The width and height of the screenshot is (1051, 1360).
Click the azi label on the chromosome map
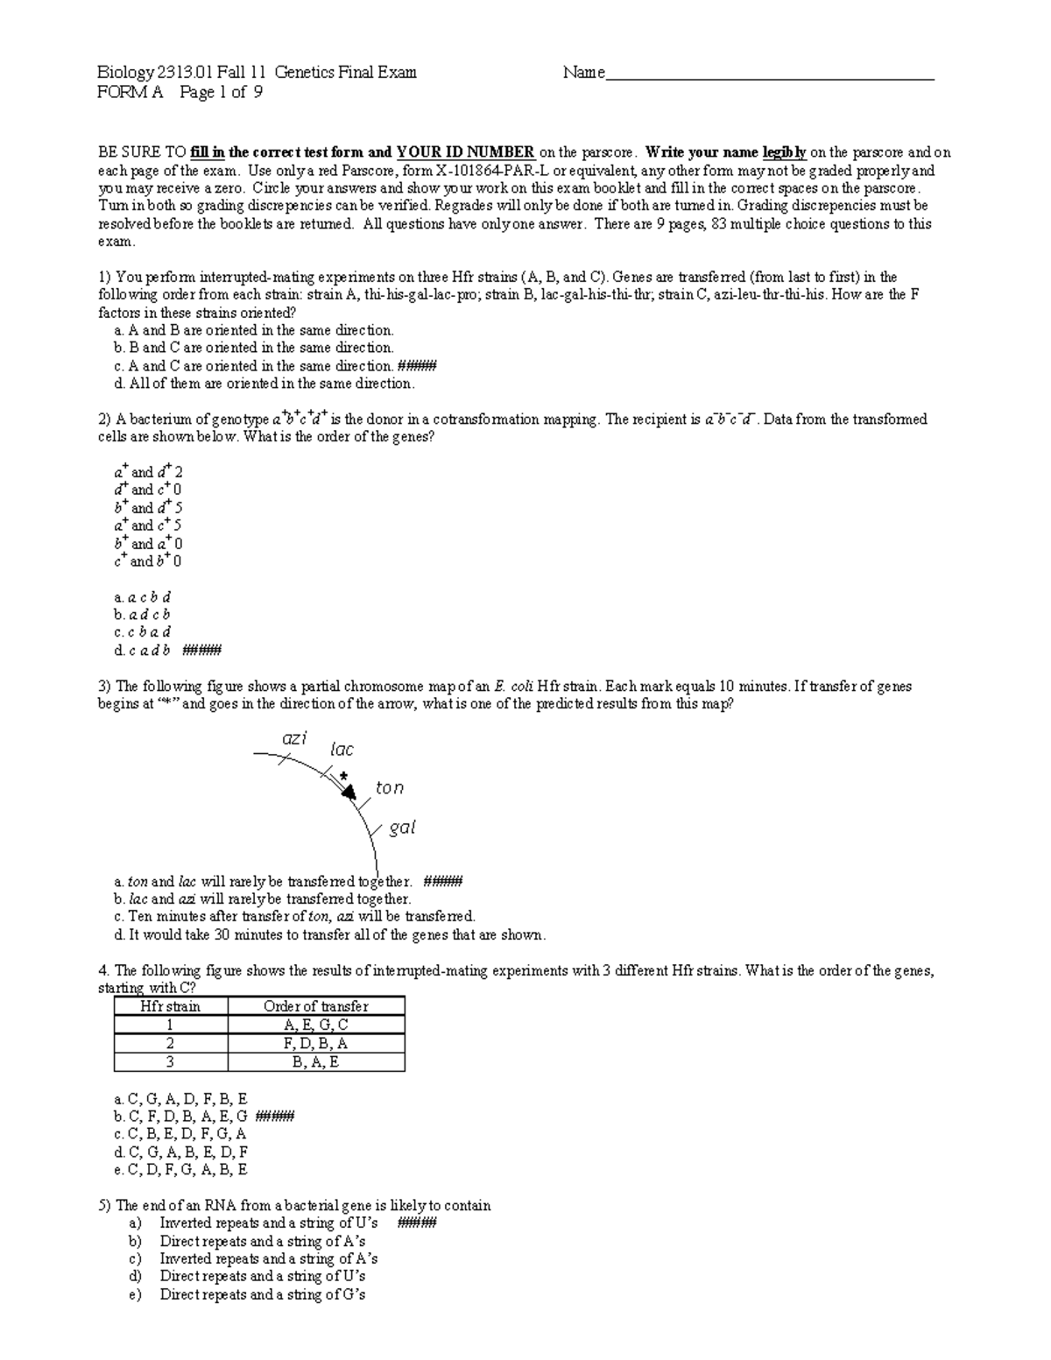click(294, 738)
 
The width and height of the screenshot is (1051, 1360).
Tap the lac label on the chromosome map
click(342, 750)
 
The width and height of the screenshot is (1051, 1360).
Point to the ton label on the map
click(390, 788)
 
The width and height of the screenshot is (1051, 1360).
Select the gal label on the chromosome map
click(402, 828)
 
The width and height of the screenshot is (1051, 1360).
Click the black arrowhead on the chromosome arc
click(349, 793)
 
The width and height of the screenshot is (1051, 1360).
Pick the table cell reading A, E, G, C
click(316, 1025)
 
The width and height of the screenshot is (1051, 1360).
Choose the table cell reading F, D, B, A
click(316, 1043)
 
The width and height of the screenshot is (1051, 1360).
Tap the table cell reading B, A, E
click(316, 1061)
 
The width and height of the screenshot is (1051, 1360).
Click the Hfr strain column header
click(171, 1006)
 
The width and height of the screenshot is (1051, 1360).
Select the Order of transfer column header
click(316, 1006)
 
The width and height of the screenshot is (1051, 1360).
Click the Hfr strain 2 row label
click(171, 1043)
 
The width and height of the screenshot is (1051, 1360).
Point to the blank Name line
click(771, 74)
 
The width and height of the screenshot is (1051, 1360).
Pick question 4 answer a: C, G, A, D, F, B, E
click(181, 1098)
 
